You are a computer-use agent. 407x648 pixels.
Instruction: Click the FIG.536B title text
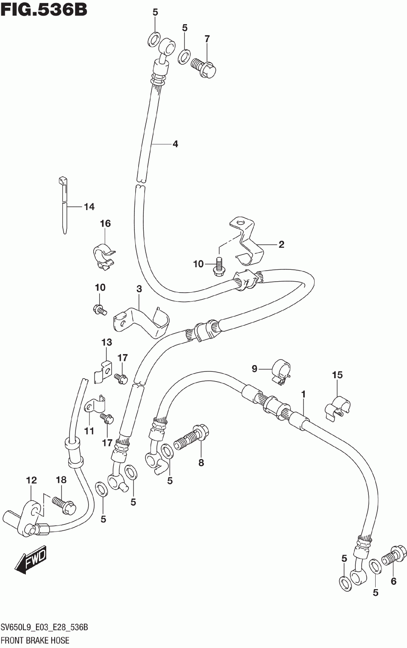(44, 9)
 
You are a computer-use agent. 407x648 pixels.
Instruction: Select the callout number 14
(89, 207)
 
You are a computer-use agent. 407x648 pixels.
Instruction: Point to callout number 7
(207, 39)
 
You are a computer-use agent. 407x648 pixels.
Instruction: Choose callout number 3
(139, 289)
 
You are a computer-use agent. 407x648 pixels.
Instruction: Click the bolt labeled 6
(393, 555)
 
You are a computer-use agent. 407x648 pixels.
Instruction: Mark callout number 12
(31, 480)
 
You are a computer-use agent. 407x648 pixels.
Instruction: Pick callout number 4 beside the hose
(175, 144)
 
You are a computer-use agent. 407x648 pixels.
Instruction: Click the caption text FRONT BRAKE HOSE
(35, 640)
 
